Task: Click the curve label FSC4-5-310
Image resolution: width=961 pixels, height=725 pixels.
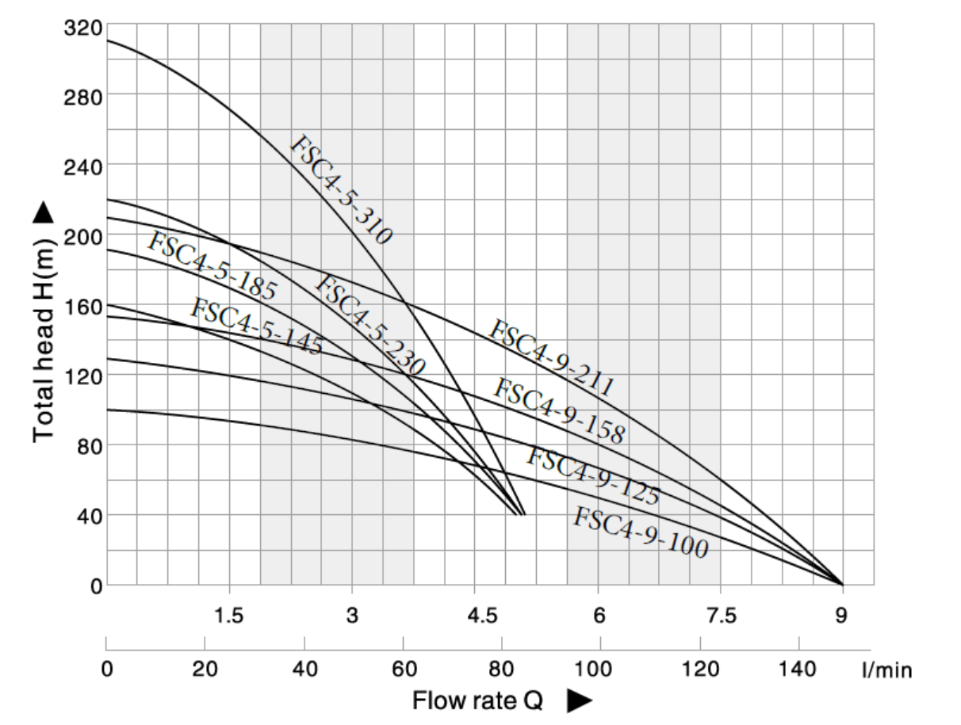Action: (x=340, y=190)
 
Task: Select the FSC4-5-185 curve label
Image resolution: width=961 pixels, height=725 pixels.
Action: (x=212, y=266)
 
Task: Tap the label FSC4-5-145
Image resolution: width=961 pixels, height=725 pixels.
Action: (x=256, y=326)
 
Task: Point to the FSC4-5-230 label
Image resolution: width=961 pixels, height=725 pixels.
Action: (x=370, y=325)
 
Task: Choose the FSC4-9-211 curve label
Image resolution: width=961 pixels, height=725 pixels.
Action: (x=551, y=358)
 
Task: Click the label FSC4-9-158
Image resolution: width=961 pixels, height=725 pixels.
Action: (x=559, y=410)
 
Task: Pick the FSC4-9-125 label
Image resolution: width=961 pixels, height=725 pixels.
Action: (x=593, y=475)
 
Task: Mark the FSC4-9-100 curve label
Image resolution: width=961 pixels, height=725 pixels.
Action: (x=640, y=532)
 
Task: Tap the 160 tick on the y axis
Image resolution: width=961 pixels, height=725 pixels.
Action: (x=82, y=306)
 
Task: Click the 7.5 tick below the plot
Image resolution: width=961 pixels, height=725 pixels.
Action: (x=721, y=615)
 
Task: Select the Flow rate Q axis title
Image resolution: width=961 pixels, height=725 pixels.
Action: (x=477, y=701)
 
